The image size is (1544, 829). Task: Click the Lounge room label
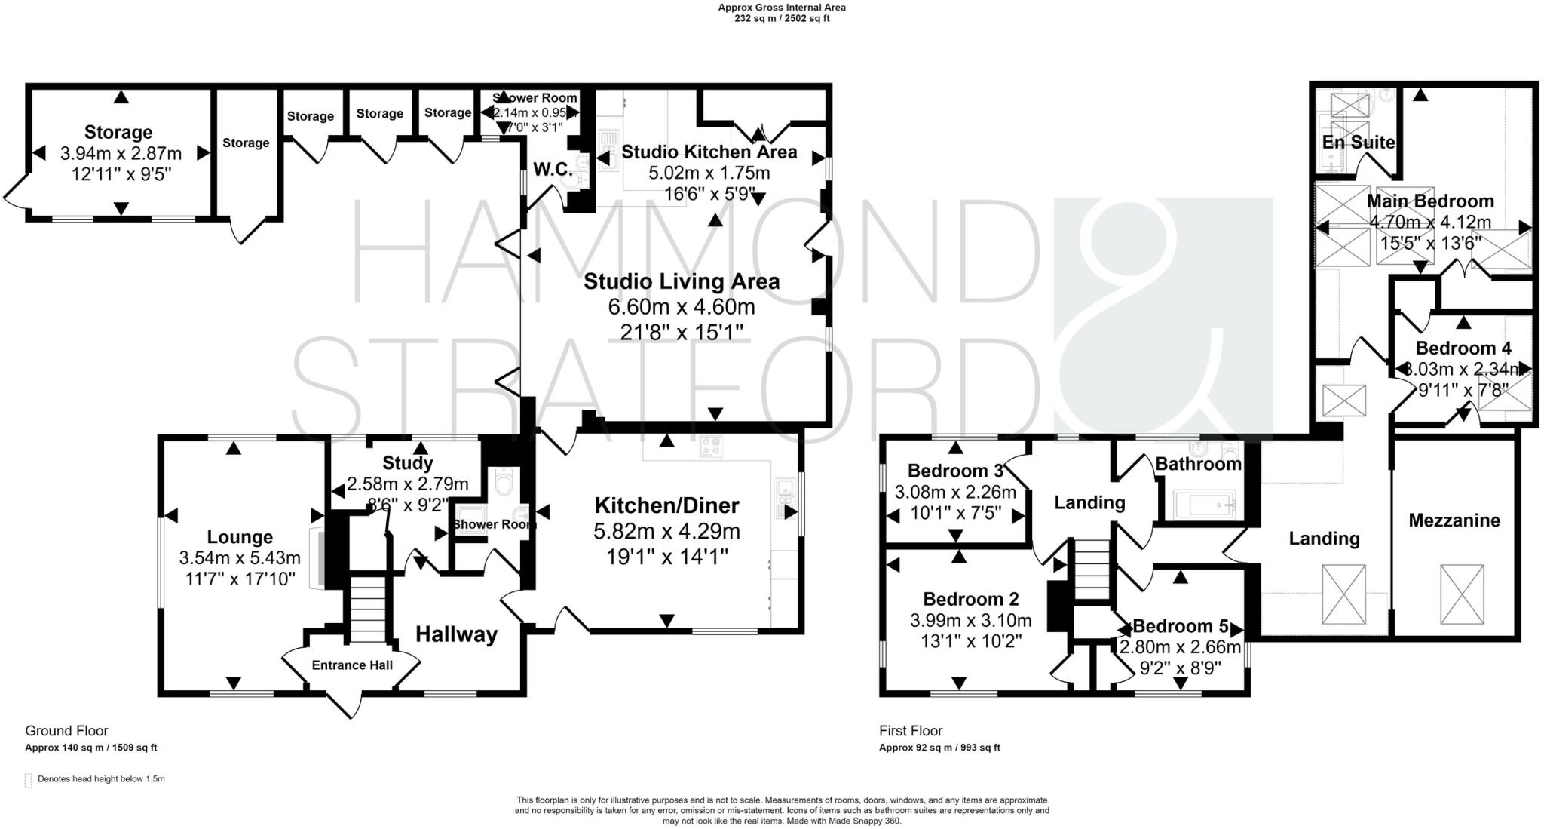click(240, 537)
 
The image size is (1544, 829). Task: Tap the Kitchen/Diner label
click(666, 505)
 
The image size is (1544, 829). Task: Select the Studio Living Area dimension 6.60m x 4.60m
click(681, 307)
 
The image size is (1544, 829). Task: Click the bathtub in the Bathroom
click(1205, 503)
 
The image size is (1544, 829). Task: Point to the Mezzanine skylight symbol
click(1462, 594)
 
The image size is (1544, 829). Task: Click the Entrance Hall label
click(352, 665)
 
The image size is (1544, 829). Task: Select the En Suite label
click(1358, 143)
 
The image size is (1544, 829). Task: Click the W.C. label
click(553, 169)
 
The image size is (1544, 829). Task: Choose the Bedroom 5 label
click(1180, 626)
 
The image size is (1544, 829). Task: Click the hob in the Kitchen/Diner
click(711, 447)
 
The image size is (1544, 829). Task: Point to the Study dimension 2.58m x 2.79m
click(407, 484)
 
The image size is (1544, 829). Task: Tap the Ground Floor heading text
click(67, 730)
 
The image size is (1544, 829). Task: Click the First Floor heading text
click(911, 730)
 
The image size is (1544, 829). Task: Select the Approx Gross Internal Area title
click(781, 8)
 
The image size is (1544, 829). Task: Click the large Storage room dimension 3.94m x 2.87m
click(121, 154)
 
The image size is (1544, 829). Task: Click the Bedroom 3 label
click(954, 471)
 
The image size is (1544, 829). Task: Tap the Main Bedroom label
click(1429, 201)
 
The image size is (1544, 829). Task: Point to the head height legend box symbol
click(29, 780)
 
